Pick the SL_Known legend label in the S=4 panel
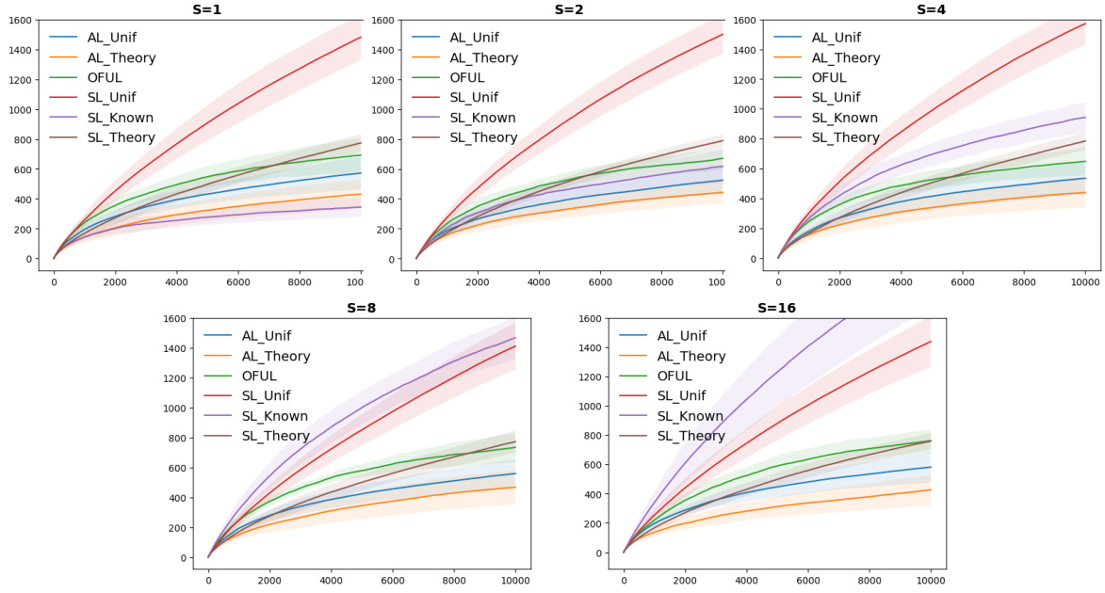click(x=844, y=118)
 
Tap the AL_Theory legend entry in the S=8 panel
click(x=276, y=357)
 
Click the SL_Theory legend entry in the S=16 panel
click(x=691, y=436)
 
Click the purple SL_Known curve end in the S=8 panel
click(x=515, y=338)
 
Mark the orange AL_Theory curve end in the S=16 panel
click(x=931, y=489)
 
